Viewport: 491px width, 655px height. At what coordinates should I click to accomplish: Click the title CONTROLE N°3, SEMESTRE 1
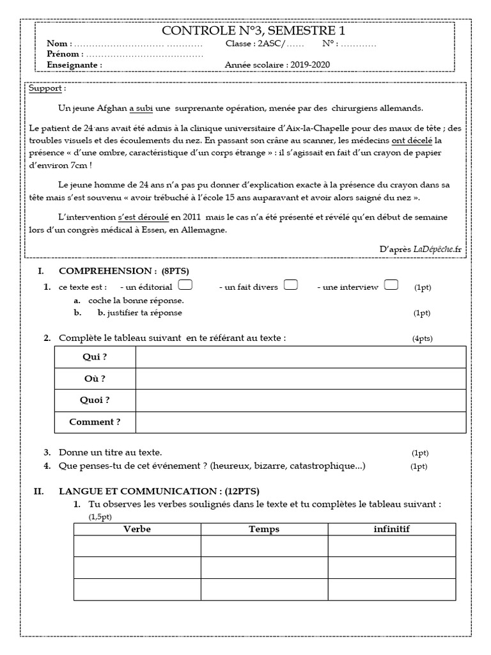tap(246, 31)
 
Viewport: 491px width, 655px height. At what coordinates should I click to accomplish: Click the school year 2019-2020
tap(311, 65)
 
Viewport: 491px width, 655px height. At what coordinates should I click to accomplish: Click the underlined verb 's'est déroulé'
tap(141, 217)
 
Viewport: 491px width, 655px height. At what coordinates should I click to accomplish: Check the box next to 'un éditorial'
tap(186, 285)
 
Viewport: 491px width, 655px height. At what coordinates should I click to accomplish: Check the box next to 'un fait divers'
tap(290, 285)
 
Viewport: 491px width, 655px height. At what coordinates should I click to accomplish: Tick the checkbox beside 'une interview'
tap(392, 285)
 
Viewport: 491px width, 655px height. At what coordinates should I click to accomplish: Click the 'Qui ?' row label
tap(95, 357)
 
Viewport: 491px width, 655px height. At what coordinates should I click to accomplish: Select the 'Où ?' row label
tap(95, 379)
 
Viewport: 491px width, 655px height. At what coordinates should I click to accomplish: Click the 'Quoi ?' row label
tap(95, 400)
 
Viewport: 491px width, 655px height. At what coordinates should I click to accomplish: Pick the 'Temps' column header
tap(264, 529)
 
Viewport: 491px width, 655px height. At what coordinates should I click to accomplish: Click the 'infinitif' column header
tap(391, 529)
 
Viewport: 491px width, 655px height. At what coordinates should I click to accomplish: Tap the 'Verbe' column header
tap(137, 529)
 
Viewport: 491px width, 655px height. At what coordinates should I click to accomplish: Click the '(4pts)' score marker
tap(422, 339)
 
